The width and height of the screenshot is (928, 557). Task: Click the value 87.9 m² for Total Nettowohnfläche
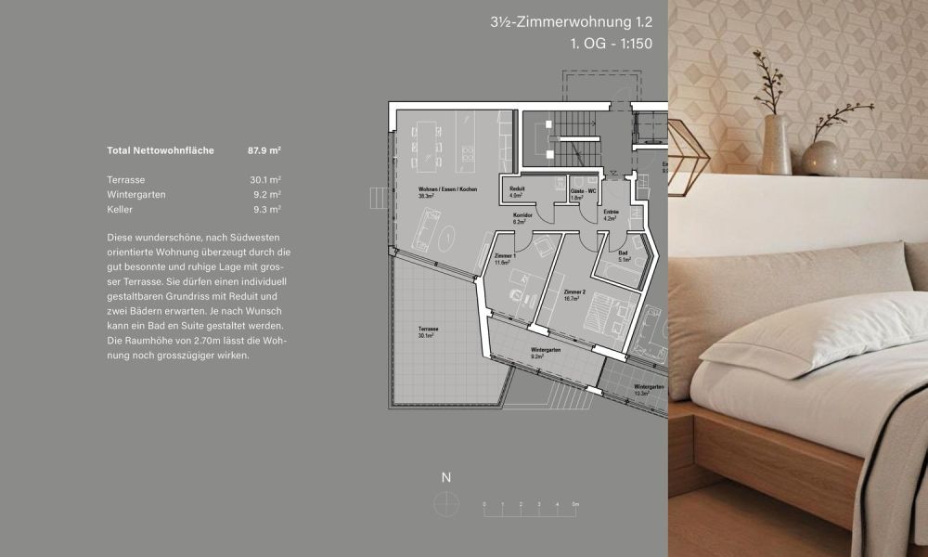(x=264, y=150)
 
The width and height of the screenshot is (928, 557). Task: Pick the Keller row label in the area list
(x=120, y=210)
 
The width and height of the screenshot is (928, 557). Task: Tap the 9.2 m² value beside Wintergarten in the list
(x=266, y=195)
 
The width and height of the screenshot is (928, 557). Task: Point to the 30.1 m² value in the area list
(x=265, y=180)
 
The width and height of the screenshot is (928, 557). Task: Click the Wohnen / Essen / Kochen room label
(x=447, y=189)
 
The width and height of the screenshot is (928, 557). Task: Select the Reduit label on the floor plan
(x=518, y=188)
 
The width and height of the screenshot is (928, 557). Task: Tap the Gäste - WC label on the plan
(x=583, y=188)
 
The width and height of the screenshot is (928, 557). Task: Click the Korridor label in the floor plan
(x=523, y=215)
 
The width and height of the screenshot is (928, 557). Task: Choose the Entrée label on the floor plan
(x=611, y=213)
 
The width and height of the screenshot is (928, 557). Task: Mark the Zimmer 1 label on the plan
(x=505, y=256)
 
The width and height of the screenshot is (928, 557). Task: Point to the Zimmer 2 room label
(x=575, y=291)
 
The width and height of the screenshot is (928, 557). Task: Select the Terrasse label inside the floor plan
(x=428, y=330)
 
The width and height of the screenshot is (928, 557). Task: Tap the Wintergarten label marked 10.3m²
(x=649, y=387)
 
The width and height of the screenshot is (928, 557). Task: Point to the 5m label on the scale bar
(x=576, y=503)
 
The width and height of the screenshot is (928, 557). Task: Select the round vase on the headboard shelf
(x=822, y=157)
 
